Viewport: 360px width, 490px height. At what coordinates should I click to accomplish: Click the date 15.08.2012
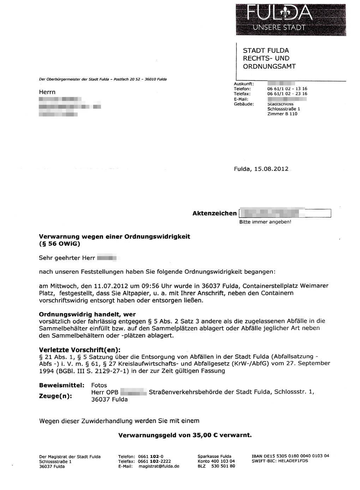(x=274, y=169)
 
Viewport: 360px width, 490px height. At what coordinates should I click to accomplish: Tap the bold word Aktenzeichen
(x=215, y=213)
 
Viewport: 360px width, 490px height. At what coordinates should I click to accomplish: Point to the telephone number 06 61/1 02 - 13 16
(x=287, y=89)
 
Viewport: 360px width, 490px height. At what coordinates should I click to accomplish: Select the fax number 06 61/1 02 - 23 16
(x=287, y=94)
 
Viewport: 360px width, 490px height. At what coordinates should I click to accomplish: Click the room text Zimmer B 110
(x=282, y=114)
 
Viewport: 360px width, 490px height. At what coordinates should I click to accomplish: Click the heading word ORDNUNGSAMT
(x=269, y=66)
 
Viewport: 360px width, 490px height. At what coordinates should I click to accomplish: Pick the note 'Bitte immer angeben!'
(x=265, y=222)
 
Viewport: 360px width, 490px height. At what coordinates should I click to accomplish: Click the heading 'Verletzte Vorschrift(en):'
(x=79, y=350)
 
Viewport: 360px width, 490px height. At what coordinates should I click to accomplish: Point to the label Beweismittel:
(x=61, y=385)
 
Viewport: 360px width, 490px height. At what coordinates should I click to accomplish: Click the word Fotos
(x=99, y=385)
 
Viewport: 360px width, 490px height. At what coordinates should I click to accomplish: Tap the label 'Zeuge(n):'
(x=55, y=396)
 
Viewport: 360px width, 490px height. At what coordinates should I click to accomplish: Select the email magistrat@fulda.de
(x=159, y=466)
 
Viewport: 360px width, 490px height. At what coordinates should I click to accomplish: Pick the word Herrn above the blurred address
(x=47, y=92)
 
